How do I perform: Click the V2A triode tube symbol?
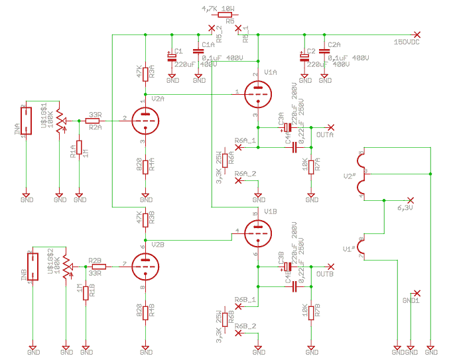145,121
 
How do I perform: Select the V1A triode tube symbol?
258,93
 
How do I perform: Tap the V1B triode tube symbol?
258,232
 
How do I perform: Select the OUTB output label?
325,274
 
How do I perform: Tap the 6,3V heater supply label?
405,208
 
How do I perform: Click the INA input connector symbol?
26,121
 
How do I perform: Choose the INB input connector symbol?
32,267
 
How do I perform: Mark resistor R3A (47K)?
145,72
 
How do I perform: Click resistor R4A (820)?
145,166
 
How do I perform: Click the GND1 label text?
411,300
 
